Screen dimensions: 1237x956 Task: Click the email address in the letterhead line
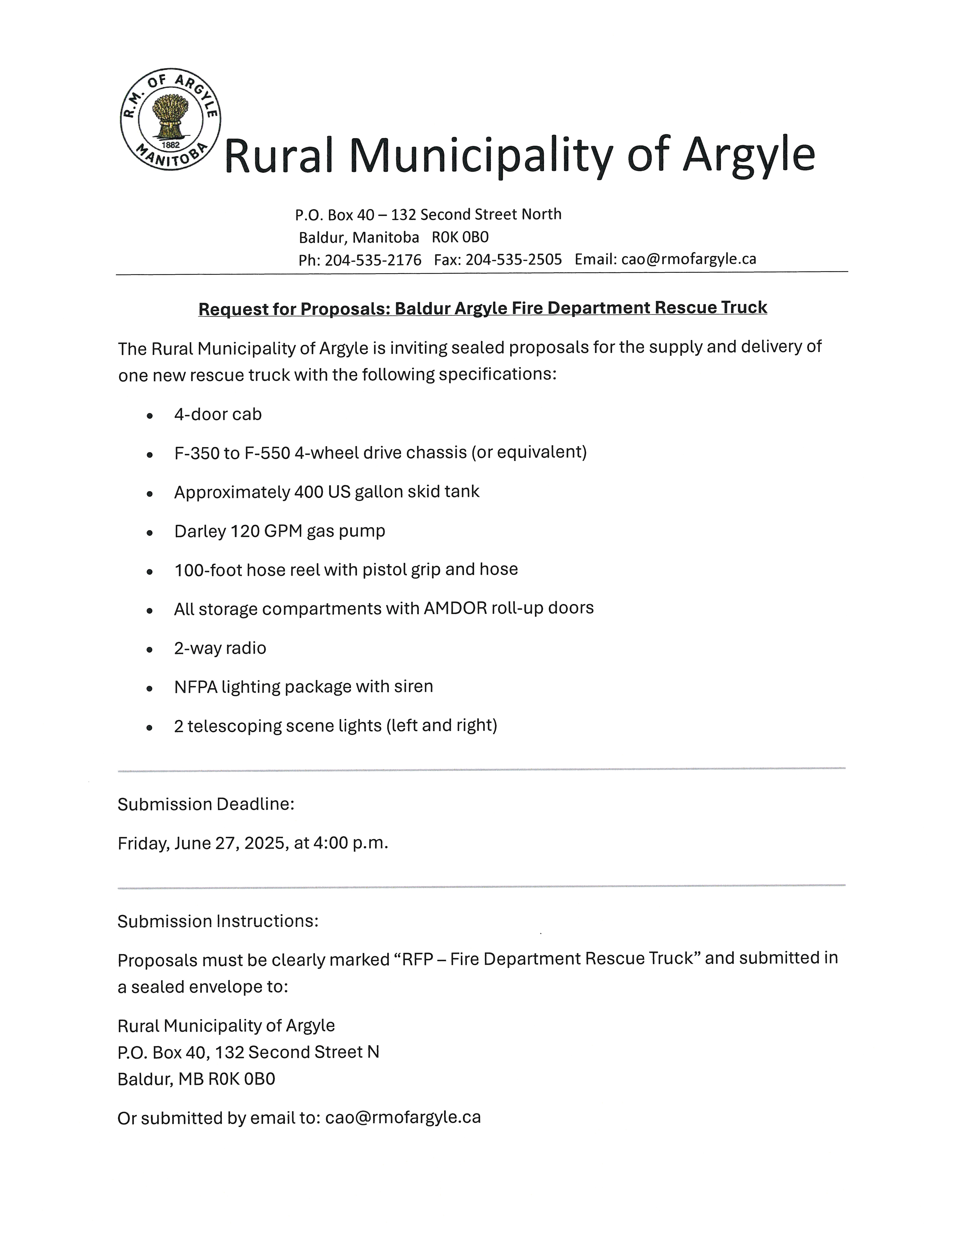pos(688,259)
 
